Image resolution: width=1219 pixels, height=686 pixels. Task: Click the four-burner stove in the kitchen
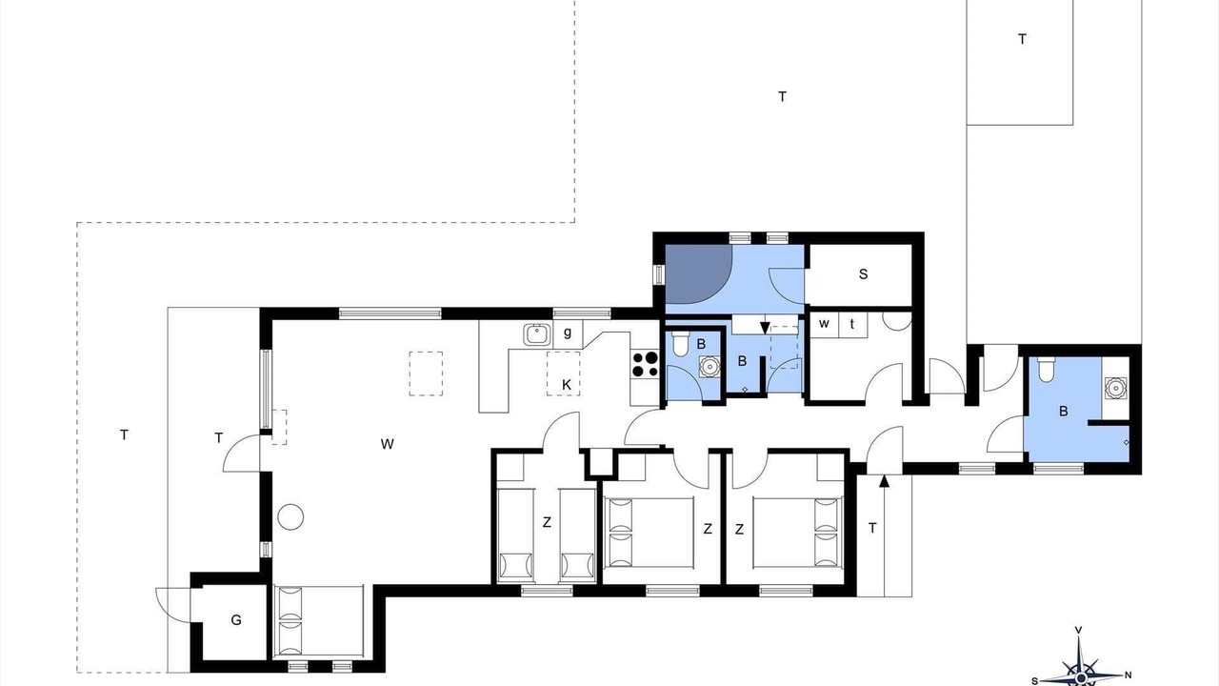tap(645, 364)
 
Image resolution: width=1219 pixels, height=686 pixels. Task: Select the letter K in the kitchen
tap(567, 385)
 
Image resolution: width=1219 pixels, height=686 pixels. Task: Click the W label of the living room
tap(387, 444)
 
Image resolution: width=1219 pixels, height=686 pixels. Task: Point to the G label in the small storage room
tap(235, 620)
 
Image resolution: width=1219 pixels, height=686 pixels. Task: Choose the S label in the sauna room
tap(863, 274)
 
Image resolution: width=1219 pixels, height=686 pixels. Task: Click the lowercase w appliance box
tap(825, 325)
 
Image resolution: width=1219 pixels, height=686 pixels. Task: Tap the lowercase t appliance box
tap(852, 325)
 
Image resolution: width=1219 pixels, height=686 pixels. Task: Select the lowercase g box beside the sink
tap(568, 333)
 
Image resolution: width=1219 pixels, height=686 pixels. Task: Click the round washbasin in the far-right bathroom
tap(1115, 388)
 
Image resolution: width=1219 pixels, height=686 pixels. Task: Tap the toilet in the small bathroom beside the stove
tap(681, 344)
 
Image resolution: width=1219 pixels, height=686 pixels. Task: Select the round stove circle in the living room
tap(290, 516)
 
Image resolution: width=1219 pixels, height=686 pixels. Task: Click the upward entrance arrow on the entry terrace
tap(885, 535)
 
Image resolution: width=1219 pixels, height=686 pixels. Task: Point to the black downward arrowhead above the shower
tap(765, 328)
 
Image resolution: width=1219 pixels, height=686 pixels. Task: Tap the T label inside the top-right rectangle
tap(1022, 39)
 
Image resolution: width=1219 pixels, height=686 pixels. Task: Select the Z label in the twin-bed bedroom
tap(547, 523)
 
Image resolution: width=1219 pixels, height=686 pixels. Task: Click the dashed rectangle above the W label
tap(426, 373)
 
